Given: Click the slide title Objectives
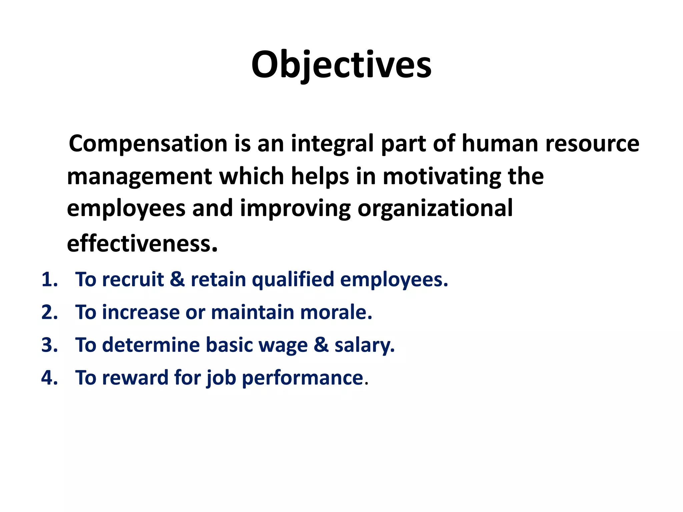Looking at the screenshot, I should [x=341, y=65].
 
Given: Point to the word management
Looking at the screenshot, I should [x=139, y=177].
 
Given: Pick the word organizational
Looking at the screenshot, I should [x=435, y=209].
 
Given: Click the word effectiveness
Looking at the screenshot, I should [x=142, y=243].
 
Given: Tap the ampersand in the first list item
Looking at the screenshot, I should [x=177, y=279].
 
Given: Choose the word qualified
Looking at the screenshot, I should [x=293, y=279].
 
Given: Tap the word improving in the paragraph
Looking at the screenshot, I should [x=295, y=209].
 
